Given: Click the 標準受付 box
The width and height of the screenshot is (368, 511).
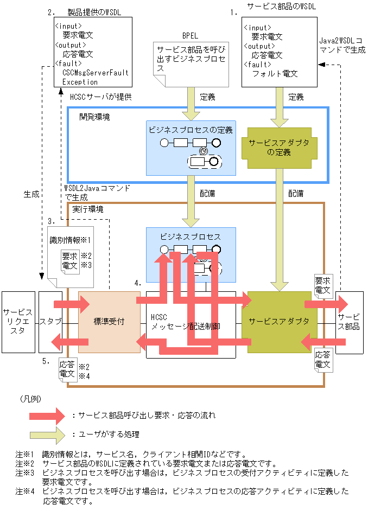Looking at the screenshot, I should tap(109, 322).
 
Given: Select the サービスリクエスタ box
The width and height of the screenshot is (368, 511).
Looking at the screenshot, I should tap(17, 322).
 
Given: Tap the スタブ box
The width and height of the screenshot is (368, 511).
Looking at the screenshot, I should tap(50, 322).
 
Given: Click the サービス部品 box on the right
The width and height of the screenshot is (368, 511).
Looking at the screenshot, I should tap(348, 322).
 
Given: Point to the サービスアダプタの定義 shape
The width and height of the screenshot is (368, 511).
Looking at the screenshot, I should tap(277, 147).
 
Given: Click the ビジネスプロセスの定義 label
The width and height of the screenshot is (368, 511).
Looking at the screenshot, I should tap(190, 130).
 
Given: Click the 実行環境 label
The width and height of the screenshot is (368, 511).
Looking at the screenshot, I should tap(87, 209).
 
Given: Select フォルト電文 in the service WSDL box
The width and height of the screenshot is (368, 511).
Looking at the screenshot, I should tap(275, 74).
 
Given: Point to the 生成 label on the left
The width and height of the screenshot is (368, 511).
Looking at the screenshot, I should tap(31, 194).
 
